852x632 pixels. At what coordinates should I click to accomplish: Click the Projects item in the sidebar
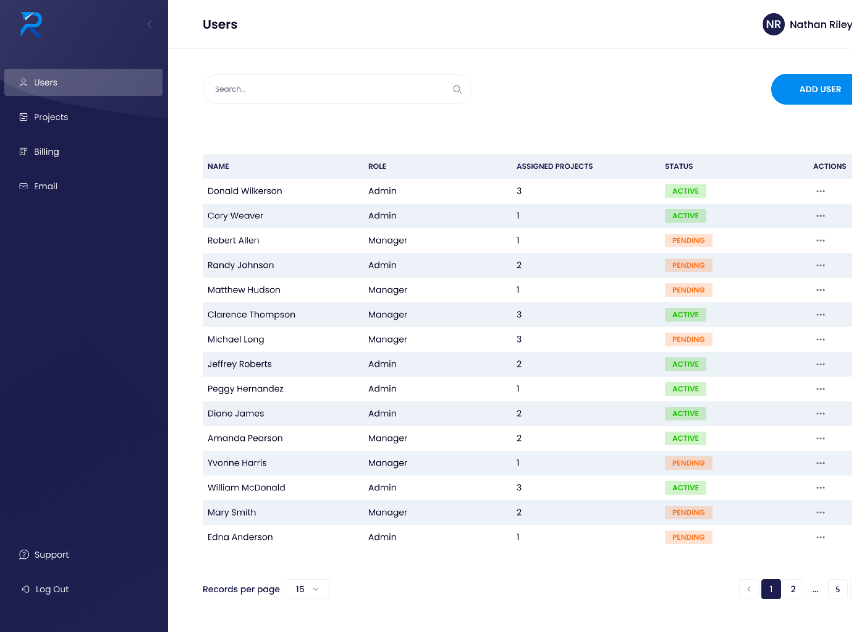tap(51, 117)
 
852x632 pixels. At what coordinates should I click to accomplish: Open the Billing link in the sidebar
tap(46, 151)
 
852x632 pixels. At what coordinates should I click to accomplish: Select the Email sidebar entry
tap(45, 186)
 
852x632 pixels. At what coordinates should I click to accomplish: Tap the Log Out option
tap(52, 589)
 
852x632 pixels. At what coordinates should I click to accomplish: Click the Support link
tap(51, 555)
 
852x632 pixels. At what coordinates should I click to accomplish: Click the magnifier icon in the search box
tap(457, 89)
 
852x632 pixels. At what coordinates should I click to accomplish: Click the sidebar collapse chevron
tap(149, 25)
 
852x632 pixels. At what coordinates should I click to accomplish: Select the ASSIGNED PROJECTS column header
tap(554, 166)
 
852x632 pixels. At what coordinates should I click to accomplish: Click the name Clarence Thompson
tap(251, 315)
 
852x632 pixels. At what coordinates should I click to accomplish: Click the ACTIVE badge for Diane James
tap(685, 414)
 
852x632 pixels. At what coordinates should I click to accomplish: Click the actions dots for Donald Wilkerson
tap(820, 191)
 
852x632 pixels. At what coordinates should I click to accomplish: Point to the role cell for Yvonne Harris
tap(387, 463)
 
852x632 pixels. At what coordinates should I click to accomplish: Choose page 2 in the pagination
tap(793, 589)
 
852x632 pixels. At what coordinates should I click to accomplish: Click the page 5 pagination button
tap(838, 589)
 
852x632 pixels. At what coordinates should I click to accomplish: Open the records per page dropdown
tap(308, 589)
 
